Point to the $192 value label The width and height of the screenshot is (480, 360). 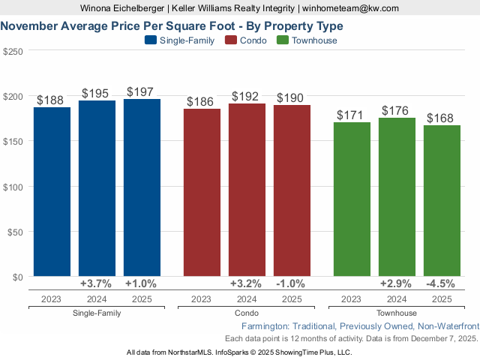click(x=245, y=97)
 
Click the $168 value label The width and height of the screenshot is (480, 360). click(x=440, y=118)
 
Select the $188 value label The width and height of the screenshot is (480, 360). click(x=50, y=100)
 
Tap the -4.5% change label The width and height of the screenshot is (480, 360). click(x=441, y=283)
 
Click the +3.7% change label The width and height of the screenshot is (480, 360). click(x=96, y=283)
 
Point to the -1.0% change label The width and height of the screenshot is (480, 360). click(x=291, y=283)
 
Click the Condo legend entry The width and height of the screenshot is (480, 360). click(x=247, y=40)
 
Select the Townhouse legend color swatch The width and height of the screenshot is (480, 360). click(x=283, y=40)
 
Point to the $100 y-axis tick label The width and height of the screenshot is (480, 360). click(x=13, y=186)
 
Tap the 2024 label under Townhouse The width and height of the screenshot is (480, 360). click(x=396, y=299)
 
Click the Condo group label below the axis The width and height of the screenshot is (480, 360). click(x=247, y=313)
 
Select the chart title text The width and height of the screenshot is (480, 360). click(x=166, y=25)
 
